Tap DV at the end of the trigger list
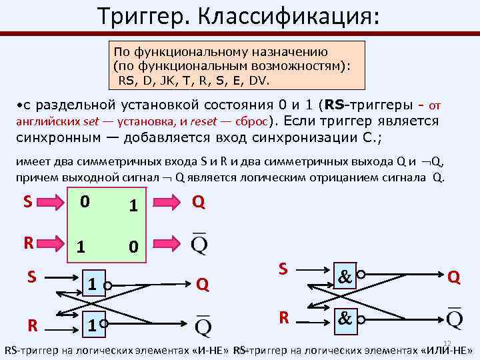[x=258, y=80]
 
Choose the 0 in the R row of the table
[x=133, y=247]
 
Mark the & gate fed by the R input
[x=345, y=319]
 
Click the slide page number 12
[x=447, y=342]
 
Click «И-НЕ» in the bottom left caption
[x=206, y=351]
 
